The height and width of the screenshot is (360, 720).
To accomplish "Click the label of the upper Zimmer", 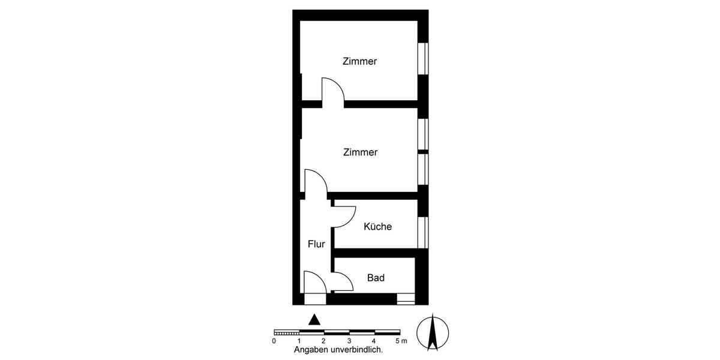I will coord(359,61).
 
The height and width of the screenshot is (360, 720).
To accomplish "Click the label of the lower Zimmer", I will coord(360,152).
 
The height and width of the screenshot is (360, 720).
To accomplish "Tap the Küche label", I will coord(377,227).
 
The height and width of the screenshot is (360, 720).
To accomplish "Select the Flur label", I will coord(316,244).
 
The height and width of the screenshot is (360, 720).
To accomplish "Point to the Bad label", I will coord(376,278).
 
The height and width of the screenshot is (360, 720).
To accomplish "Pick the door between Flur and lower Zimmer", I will coord(316,183).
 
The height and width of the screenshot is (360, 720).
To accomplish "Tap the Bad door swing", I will coord(342,281).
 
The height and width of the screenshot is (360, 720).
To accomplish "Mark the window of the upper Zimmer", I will coord(423,58).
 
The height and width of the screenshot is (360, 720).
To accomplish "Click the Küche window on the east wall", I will coord(423,232).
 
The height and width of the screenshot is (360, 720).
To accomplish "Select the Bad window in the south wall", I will coord(406,298).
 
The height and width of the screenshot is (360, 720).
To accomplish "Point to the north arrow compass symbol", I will coord(432,332).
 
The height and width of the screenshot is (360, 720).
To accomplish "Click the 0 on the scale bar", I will coord(274,341).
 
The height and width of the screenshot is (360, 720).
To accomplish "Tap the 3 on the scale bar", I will coord(349,341).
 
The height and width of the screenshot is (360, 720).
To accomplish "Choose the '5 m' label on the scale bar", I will coord(402,341).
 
